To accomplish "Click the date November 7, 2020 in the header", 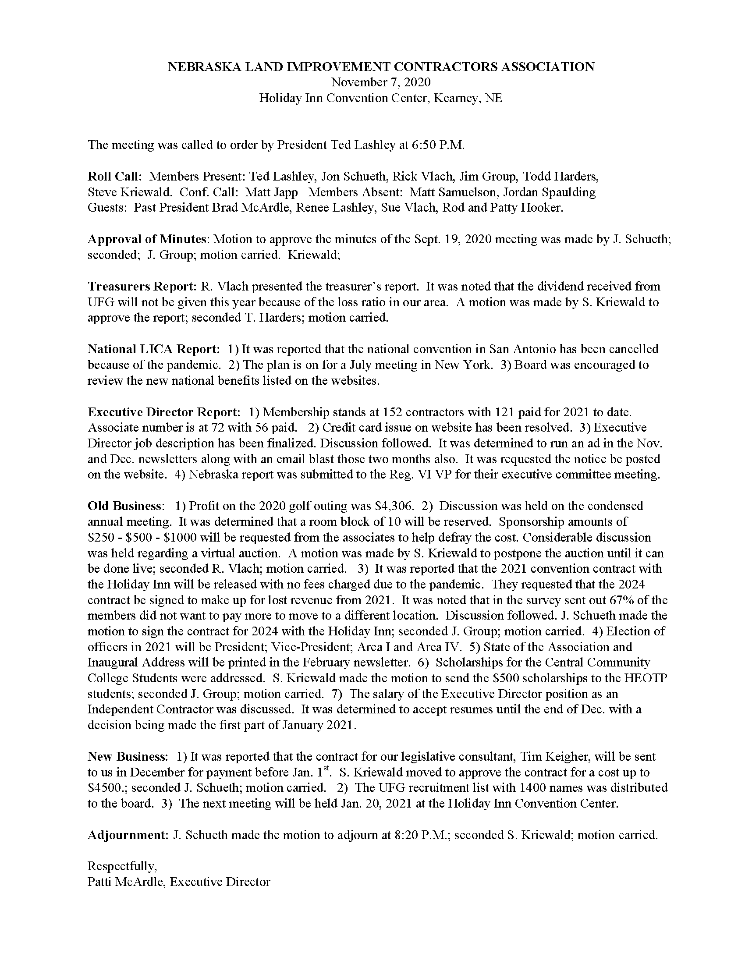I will point(381,82).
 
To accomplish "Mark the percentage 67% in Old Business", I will point(622,600).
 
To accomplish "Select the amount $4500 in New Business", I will point(106,788).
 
